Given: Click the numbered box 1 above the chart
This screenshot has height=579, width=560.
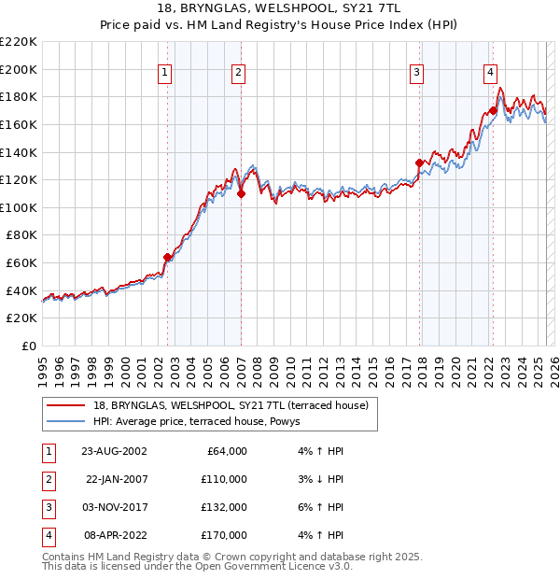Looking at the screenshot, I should click(x=164, y=72).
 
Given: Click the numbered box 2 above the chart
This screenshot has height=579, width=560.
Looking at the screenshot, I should click(x=238, y=72).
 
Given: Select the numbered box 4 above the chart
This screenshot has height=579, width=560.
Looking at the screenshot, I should click(x=489, y=72).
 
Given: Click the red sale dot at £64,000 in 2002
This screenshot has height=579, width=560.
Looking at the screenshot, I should click(x=168, y=257).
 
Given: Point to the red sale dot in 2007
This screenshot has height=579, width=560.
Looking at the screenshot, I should click(x=241, y=193).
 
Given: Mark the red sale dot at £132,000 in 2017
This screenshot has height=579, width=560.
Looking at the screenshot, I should click(x=419, y=162).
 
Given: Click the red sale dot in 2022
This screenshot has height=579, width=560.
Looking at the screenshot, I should click(x=492, y=110).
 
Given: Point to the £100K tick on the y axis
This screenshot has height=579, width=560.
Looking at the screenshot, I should click(x=20, y=207).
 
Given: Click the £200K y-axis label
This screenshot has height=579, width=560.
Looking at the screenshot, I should click(x=20, y=69).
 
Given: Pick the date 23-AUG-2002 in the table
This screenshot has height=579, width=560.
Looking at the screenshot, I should click(x=115, y=450).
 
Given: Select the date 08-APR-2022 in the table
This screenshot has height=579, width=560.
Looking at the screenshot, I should click(x=115, y=535).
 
